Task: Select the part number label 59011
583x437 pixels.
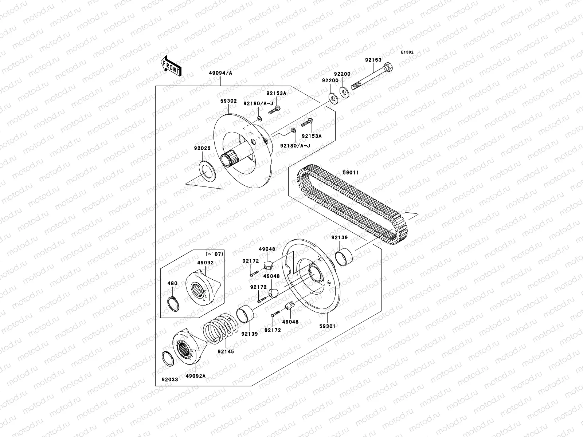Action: click(351, 173)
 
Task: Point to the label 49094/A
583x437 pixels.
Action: click(221, 73)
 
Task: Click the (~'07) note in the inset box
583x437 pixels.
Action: click(214, 254)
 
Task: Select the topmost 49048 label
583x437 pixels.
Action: click(267, 249)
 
